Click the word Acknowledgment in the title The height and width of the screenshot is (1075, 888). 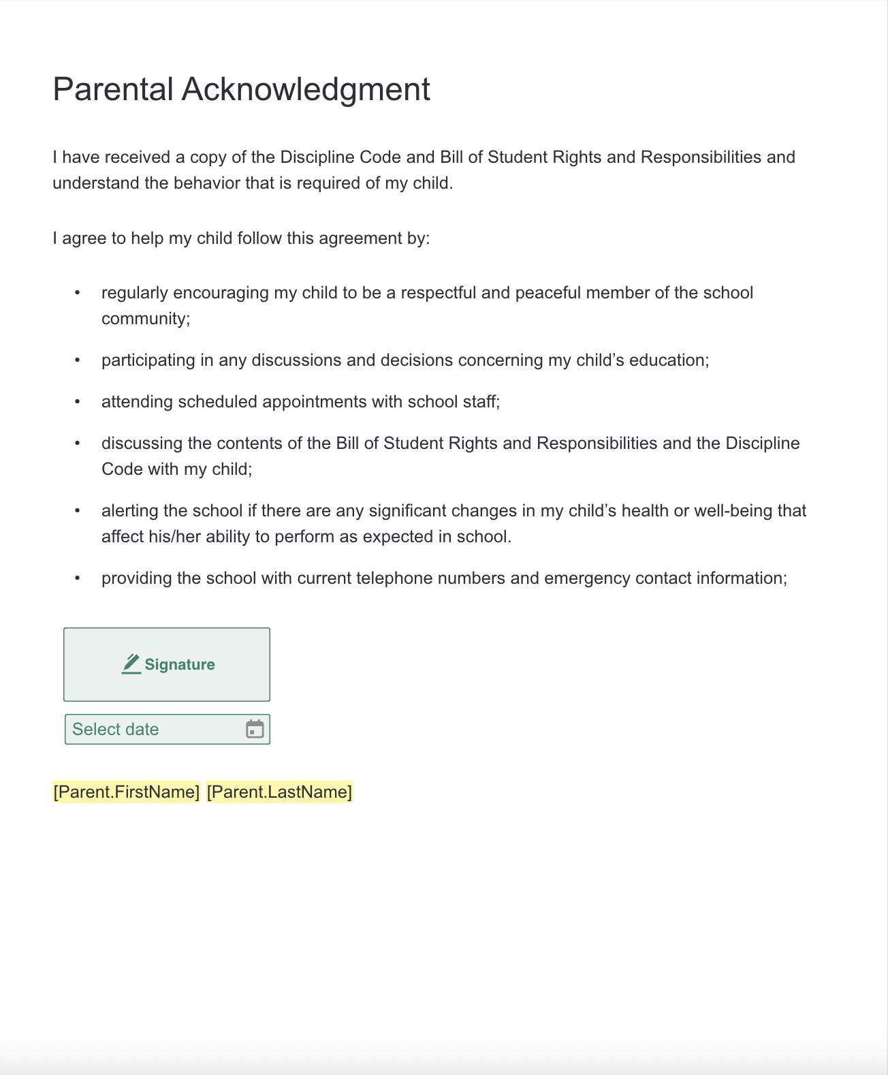click(x=306, y=89)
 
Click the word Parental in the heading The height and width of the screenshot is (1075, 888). click(x=113, y=89)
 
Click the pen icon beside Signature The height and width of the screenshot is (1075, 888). click(x=131, y=664)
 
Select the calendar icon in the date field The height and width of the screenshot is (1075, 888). click(x=255, y=729)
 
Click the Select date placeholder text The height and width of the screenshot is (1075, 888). click(x=116, y=729)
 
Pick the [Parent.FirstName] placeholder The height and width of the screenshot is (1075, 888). click(x=127, y=792)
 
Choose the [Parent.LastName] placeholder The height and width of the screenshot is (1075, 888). click(x=279, y=792)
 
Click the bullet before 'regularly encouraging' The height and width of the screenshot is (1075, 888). click(x=78, y=292)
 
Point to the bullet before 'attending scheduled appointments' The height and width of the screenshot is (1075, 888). click(x=78, y=401)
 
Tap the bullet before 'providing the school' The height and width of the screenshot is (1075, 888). click(x=78, y=578)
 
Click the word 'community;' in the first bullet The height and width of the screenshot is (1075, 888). click(x=146, y=319)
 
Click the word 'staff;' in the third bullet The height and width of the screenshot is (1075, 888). click(x=481, y=401)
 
